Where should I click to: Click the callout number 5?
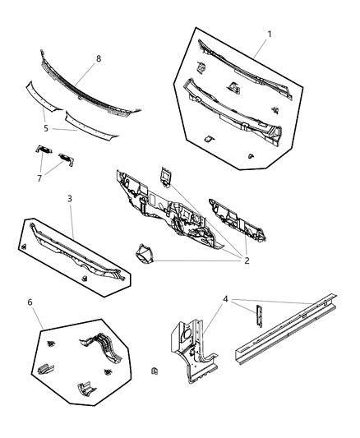click(x=45, y=128)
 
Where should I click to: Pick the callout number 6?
click(x=30, y=302)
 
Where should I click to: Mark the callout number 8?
click(x=99, y=58)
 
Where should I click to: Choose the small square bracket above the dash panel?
click(x=164, y=174)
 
